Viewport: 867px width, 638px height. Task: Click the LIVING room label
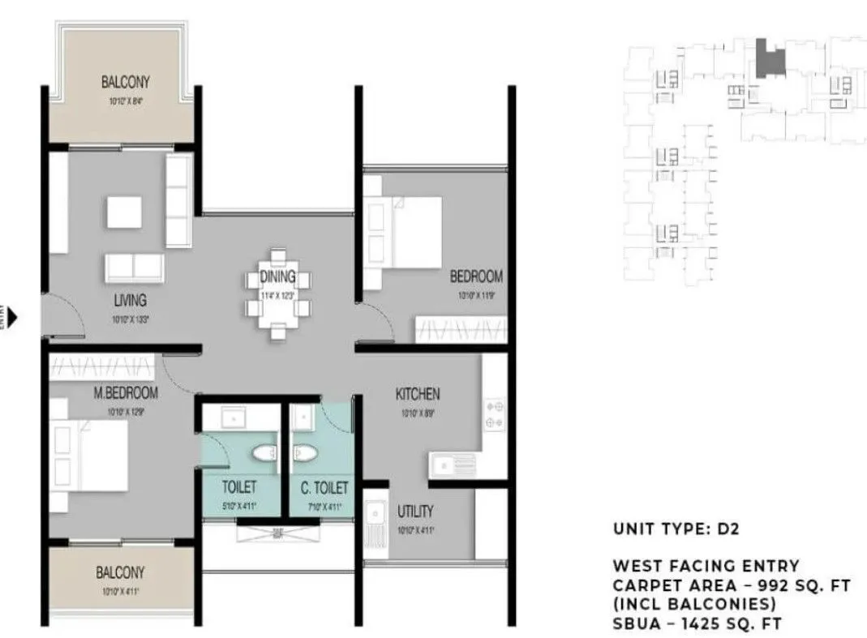click(x=130, y=300)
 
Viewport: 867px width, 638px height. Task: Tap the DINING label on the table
click(x=277, y=278)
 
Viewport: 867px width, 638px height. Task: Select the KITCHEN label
click(x=418, y=395)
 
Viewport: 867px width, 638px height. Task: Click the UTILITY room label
click(x=415, y=512)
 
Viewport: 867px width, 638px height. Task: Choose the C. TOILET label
click(x=324, y=488)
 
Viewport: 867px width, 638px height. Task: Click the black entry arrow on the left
click(x=12, y=316)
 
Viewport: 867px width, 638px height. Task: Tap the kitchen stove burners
click(x=495, y=414)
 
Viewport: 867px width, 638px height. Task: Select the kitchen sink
click(x=453, y=466)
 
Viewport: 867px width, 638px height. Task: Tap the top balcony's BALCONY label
click(x=125, y=82)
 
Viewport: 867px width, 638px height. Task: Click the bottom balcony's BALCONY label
click(x=120, y=573)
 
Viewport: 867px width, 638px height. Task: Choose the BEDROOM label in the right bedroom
click(x=476, y=276)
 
